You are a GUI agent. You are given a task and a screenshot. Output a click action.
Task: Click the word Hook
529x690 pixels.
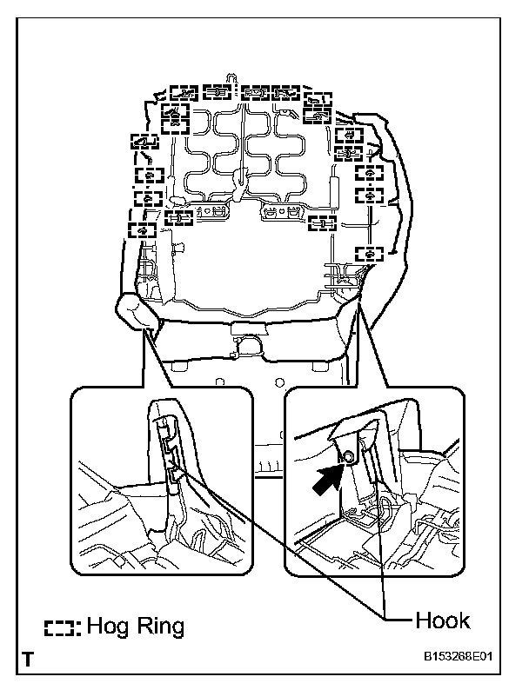[442, 620]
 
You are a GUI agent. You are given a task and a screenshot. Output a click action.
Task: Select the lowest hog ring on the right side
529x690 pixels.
[370, 253]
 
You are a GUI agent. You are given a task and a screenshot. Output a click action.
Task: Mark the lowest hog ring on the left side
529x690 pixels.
[140, 230]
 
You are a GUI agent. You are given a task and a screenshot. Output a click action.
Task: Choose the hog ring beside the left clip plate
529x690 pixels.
[178, 218]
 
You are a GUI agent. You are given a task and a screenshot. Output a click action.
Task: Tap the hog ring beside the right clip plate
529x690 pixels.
[323, 222]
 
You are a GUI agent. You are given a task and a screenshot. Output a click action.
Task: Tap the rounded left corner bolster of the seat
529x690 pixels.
[137, 311]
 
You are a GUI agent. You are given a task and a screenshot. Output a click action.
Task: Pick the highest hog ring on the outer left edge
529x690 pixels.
[144, 140]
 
